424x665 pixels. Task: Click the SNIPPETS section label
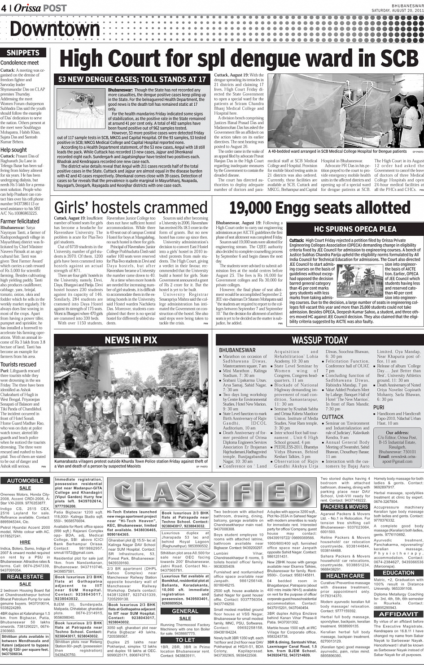pos(23,52)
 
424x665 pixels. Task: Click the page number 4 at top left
pos(4,8)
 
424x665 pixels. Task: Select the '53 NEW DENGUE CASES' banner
pos(132,79)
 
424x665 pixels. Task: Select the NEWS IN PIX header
pos(131,340)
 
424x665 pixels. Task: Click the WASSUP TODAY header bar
pos(319,340)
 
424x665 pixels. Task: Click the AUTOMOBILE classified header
pos(25,480)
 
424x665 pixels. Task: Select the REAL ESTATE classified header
pos(25,577)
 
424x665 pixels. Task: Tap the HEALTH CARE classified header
pos(345,575)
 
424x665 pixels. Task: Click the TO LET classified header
pos(185,640)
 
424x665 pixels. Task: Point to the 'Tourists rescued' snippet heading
pos(18,364)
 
